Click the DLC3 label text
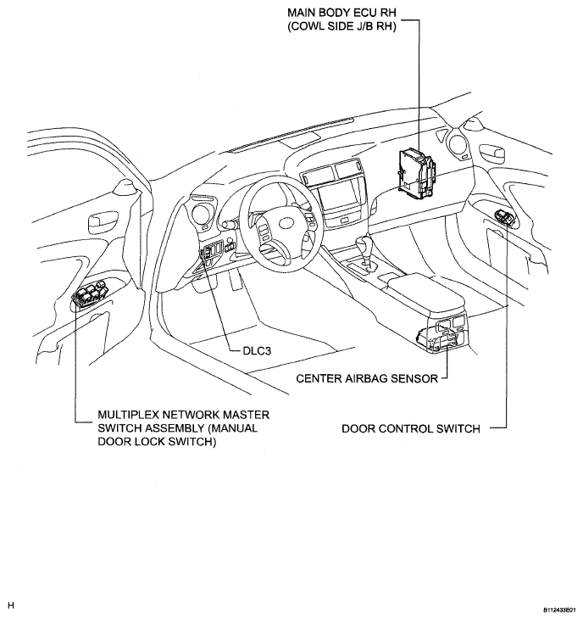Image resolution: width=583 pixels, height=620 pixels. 257,351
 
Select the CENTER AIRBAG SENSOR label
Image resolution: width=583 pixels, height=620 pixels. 367,378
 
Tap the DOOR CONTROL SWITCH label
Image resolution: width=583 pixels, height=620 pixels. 411,428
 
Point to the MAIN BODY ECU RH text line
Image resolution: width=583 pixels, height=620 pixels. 341,13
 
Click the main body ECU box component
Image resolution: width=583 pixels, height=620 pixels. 416,173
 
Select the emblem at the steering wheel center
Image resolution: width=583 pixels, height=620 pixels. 286,224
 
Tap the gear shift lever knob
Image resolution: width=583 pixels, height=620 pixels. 362,243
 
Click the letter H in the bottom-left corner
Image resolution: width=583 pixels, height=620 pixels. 11,606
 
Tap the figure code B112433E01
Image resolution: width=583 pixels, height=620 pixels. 559,610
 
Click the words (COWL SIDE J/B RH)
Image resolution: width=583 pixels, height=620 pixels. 341,26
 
